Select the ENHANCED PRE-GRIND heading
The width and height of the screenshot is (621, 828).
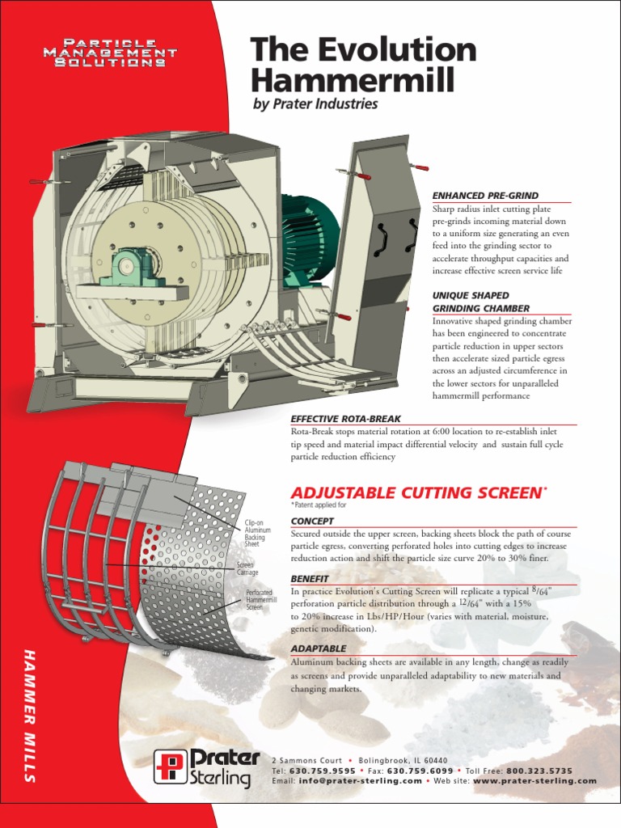point(484,196)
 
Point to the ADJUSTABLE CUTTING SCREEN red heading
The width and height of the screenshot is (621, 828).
point(412,492)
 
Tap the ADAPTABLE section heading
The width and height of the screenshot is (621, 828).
point(318,648)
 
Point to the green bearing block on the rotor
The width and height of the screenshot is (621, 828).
point(130,267)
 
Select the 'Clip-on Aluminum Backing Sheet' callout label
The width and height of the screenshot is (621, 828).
point(256,534)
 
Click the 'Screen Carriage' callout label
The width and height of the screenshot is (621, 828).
point(246,568)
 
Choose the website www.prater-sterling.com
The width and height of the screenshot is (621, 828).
point(534,781)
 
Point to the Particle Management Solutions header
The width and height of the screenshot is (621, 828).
point(116,52)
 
